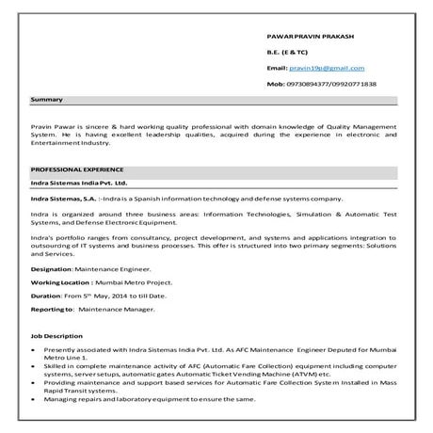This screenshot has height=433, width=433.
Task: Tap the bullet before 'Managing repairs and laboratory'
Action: click(34, 400)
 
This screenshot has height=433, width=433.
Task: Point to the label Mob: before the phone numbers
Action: click(276, 84)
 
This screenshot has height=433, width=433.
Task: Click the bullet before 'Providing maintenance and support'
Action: click(34, 383)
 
